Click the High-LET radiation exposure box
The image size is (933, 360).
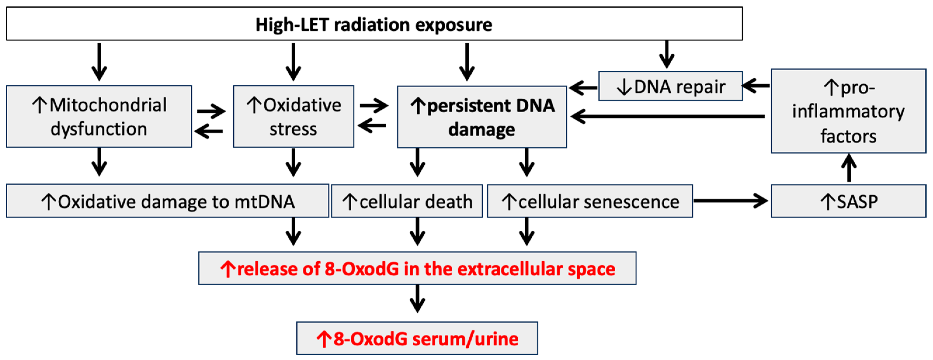(374, 24)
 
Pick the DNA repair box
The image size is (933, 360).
(670, 86)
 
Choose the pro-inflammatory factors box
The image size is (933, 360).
(848, 111)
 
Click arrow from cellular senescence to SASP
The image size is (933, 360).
(730, 201)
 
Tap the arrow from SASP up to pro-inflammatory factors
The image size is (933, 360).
(849, 168)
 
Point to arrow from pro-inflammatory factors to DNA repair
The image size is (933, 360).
(756, 86)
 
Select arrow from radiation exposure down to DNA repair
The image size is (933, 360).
(666, 54)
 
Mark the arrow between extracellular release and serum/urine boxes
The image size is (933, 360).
(417, 299)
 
